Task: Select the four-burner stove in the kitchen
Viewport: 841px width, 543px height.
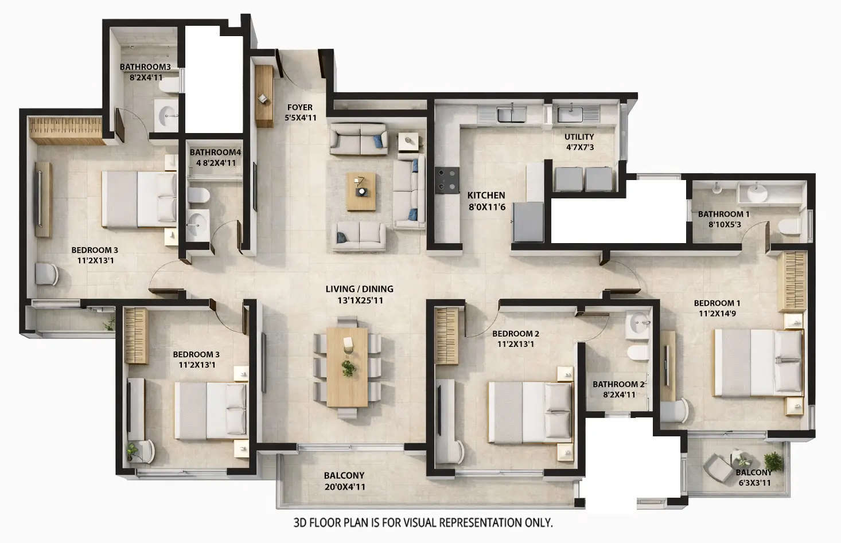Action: coord(446,178)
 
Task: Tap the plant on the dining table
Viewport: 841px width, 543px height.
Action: coord(348,368)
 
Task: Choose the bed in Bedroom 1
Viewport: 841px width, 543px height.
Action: coord(757,363)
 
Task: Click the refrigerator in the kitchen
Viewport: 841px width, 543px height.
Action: coord(528,222)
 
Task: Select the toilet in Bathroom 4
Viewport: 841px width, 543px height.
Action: coord(198,196)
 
